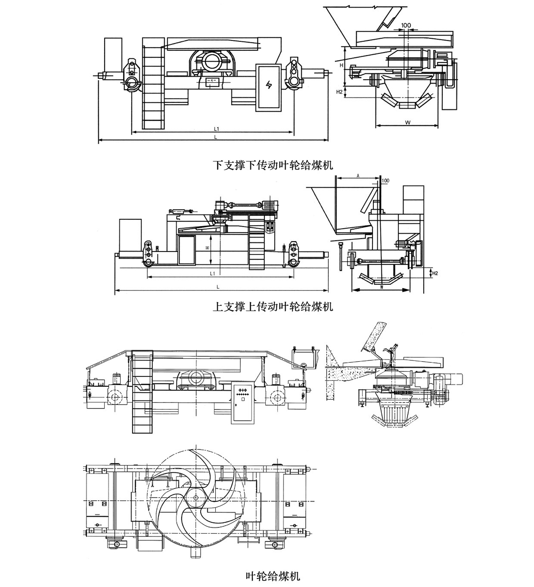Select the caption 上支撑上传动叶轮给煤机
point(273,307)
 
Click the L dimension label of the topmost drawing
point(215,138)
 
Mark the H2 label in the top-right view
point(339,92)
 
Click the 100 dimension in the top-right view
point(405,25)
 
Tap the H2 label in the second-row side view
point(435,273)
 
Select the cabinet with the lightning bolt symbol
point(268,87)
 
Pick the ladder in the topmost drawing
point(154,83)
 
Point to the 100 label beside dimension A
point(385,180)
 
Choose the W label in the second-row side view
point(382,287)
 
